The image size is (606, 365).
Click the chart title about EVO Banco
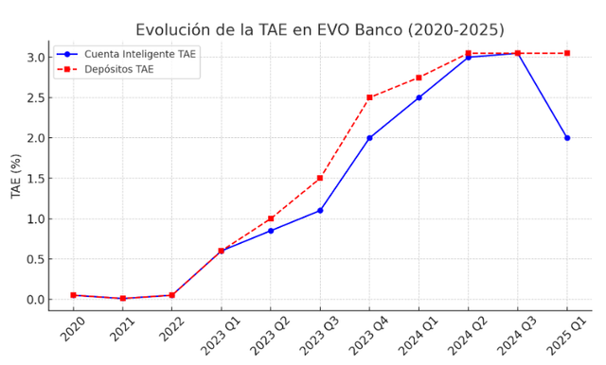tap(320, 30)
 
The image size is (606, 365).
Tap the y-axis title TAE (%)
tap(16, 176)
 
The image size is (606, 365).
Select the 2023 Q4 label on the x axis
tap(368, 335)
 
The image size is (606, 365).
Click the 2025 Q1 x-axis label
tap(565, 335)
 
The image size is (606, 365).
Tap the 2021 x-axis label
tap(122, 329)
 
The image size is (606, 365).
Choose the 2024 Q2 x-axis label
tap(467, 335)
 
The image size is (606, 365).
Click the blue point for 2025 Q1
tap(567, 138)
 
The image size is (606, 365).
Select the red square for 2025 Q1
tap(567, 53)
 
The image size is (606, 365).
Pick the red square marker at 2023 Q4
tap(369, 97)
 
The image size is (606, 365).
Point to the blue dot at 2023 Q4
tap(369, 138)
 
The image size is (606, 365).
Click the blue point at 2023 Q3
tap(320, 211)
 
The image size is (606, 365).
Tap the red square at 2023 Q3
tap(320, 179)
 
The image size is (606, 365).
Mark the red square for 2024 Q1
tap(419, 78)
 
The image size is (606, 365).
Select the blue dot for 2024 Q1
tap(419, 97)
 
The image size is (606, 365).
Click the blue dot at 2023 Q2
tap(271, 231)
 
